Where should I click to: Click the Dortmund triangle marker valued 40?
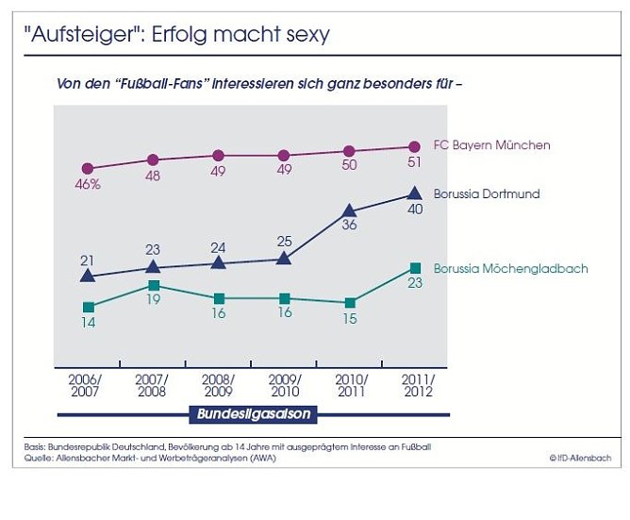[x=413, y=193]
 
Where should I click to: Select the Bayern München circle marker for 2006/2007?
[x=88, y=168]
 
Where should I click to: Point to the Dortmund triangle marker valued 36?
[x=349, y=211]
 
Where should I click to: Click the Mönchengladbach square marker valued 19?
[x=154, y=285]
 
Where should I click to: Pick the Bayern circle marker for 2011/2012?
[x=413, y=146]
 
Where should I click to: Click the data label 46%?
[x=88, y=185]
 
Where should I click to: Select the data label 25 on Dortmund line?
[x=284, y=242]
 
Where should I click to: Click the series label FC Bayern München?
[x=491, y=145]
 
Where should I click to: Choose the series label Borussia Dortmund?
[x=487, y=193]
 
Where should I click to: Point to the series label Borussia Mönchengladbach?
[x=510, y=269]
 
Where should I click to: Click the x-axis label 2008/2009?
[x=219, y=385]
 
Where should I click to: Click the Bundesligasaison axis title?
[x=254, y=413]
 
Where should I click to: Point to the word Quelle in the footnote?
[x=38, y=458]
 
